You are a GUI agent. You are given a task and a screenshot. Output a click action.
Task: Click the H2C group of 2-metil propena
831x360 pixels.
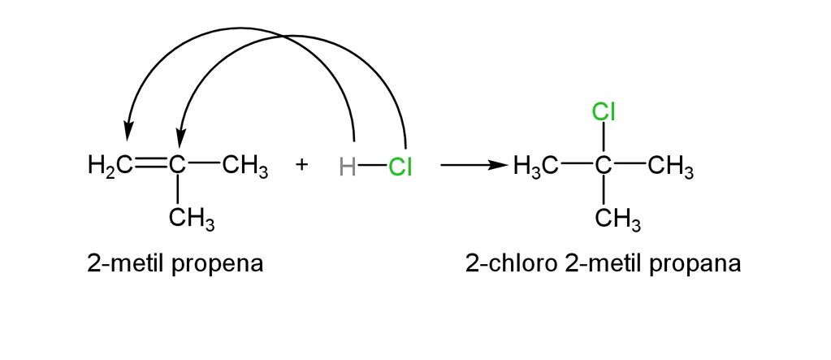pos(110,166)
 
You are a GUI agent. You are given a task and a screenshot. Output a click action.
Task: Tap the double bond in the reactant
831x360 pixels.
pos(151,166)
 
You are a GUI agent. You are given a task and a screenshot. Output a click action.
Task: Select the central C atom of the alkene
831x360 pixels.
pos(178,166)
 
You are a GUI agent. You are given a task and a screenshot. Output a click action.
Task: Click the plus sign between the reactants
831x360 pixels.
pos(301,165)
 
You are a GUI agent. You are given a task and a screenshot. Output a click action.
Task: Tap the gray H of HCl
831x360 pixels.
pos(347,167)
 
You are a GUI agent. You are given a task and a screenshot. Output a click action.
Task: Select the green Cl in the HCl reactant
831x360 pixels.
pos(400,167)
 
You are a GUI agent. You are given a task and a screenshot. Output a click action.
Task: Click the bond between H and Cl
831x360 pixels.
pos(372,166)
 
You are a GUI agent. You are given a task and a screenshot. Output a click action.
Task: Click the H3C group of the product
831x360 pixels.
pos(535,167)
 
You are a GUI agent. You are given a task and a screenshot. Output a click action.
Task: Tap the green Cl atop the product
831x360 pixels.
pos(603,112)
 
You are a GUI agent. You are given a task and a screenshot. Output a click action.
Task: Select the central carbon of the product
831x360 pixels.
pos(603,166)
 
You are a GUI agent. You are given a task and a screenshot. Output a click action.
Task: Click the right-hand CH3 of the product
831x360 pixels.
pos(671,167)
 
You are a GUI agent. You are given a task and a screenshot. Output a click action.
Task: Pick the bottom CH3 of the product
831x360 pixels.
pos(618,219)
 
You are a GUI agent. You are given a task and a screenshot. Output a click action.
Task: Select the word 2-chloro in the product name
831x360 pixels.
pos(512,263)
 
